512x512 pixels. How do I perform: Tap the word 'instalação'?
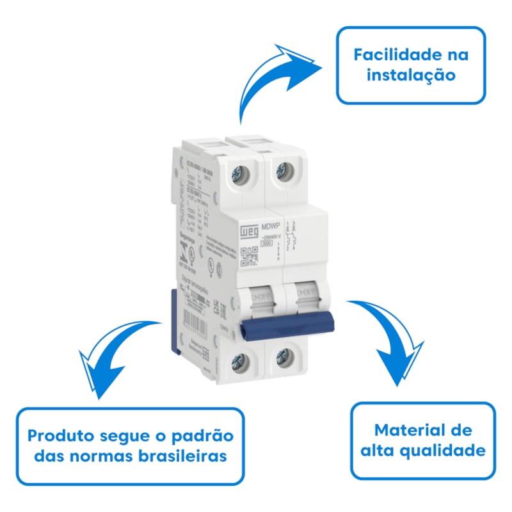pyautogui.click(x=411, y=76)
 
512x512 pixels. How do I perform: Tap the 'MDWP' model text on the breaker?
pyautogui.click(x=271, y=225)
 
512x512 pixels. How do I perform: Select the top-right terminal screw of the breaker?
pyautogui.click(x=283, y=170)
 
